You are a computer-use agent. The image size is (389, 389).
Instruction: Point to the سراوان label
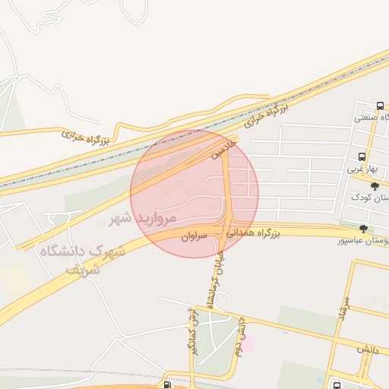coord(194,238)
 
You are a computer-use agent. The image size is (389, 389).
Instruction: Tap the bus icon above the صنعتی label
coord(380,106)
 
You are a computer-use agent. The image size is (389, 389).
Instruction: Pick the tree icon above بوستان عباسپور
coord(363,228)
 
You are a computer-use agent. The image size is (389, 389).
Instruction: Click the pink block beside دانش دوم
coord(248,344)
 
